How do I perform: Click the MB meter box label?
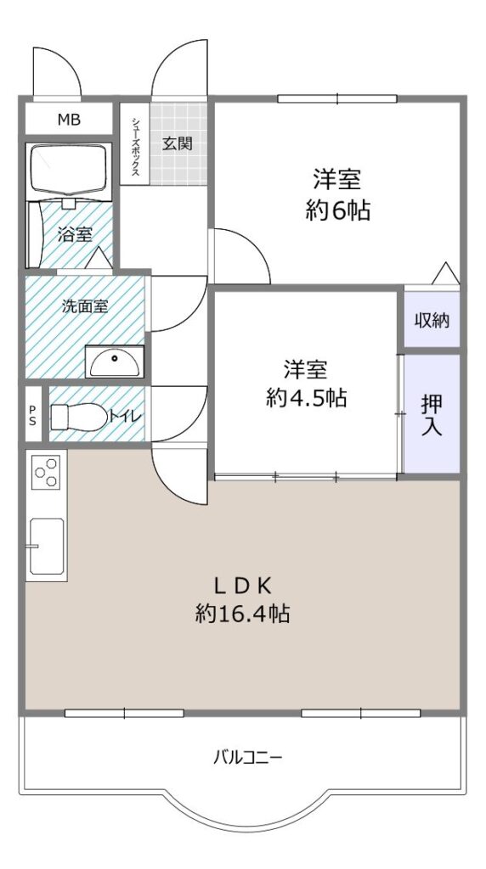click(x=70, y=119)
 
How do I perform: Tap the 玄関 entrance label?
click(x=177, y=144)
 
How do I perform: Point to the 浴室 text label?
click(x=75, y=234)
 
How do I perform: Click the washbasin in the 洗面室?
click(x=115, y=361)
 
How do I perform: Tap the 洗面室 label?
click(x=85, y=306)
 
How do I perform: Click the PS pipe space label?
click(x=33, y=415)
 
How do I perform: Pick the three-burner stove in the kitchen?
click(x=46, y=471)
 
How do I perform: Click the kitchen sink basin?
click(x=47, y=546)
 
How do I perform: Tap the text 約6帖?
click(x=337, y=210)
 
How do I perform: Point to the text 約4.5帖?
click(x=306, y=397)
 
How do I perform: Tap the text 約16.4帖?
click(x=242, y=614)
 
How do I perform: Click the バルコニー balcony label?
click(x=248, y=757)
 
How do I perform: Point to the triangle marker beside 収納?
click(x=445, y=274)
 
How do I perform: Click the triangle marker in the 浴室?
click(x=99, y=258)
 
